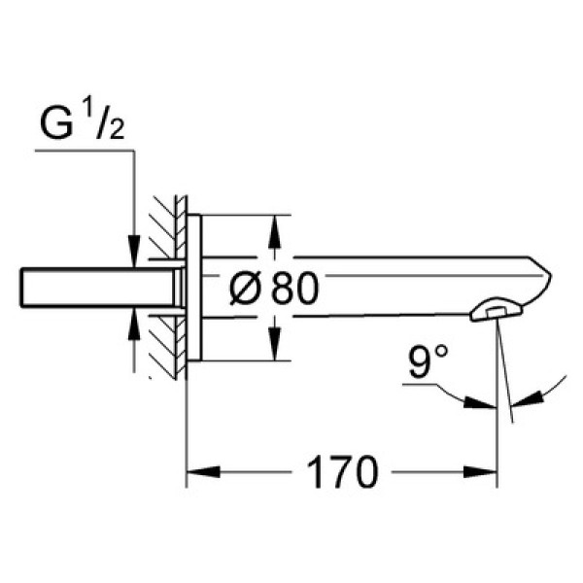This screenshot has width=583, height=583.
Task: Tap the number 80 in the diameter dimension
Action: point(294,288)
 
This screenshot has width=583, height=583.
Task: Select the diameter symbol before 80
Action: point(245,288)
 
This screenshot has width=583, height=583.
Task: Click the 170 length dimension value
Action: point(342,472)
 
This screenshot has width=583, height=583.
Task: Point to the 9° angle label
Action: point(428,361)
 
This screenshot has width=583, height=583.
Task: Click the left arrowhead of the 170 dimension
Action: point(203,472)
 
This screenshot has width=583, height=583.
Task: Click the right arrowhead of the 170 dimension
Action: point(480,472)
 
